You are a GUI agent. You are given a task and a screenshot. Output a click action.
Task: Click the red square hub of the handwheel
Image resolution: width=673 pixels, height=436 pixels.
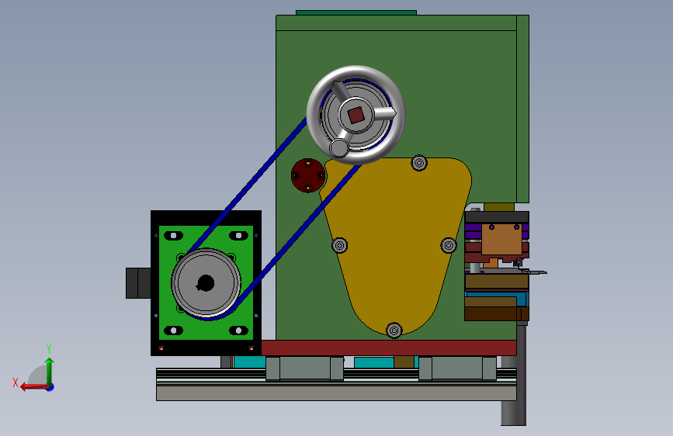[356, 115]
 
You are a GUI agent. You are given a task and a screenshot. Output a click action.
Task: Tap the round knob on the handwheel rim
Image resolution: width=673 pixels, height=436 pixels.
[339, 148]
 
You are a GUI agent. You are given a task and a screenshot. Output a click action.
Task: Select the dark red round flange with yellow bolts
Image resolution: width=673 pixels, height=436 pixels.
[308, 175]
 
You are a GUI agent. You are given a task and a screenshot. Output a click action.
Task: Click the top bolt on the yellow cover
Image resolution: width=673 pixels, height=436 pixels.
[419, 163]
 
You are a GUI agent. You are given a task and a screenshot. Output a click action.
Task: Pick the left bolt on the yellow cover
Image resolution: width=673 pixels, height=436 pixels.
[339, 245]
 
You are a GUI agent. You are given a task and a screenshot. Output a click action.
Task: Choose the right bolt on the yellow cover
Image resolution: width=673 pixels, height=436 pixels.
[449, 245]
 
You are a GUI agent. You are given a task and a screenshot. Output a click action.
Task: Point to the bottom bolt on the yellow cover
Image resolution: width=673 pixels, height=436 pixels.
[394, 330]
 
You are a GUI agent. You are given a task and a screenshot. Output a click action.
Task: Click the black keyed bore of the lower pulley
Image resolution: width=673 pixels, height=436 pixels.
[206, 283]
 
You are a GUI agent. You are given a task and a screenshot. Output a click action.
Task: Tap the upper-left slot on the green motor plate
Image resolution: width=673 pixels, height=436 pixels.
[173, 236]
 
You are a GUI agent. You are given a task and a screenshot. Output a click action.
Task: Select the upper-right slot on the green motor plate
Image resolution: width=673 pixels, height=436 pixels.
[238, 236]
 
